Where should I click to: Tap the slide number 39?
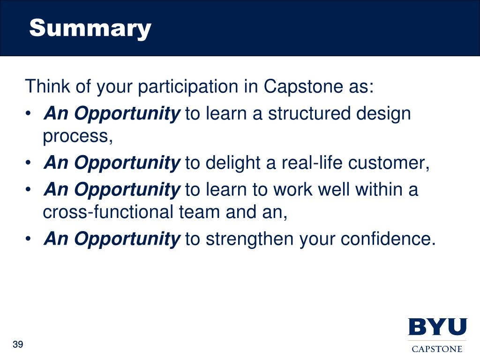point(18,345)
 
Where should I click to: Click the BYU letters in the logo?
point(437,327)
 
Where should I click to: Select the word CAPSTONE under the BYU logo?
point(437,349)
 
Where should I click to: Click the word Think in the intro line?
point(48,86)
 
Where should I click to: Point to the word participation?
point(187,87)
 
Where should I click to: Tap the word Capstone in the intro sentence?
point(303,87)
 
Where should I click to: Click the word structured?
point(308,113)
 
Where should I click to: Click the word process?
point(78,136)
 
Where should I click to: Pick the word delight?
point(232,163)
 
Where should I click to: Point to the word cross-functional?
point(108,212)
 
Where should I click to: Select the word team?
point(199,212)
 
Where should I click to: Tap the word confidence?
point(388,239)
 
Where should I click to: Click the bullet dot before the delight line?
point(28,163)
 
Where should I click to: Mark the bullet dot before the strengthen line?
point(28,239)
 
